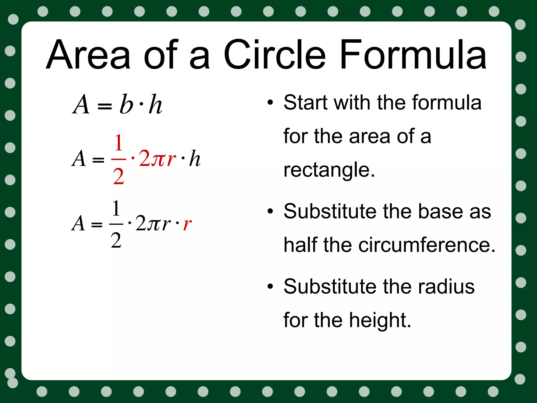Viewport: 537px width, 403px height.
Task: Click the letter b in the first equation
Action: point(126,104)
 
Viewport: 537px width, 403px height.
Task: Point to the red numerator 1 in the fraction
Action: point(119,143)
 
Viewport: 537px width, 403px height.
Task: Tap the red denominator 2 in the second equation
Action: point(119,177)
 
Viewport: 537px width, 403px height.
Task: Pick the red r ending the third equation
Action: point(187,224)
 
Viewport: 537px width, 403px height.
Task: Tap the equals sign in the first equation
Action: point(105,106)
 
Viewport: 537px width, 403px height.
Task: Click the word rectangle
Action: point(329,170)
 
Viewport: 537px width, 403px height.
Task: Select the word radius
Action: point(446,286)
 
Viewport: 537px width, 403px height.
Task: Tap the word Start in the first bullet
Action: point(306,102)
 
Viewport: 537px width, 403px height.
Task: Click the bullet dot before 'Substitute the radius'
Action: point(270,286)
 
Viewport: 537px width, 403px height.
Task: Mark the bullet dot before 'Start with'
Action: point(270,102)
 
